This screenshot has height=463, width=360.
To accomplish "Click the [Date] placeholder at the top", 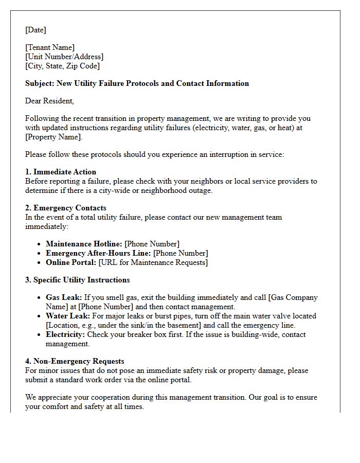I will (35, 30).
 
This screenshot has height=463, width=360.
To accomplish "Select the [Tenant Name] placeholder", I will (50, 47).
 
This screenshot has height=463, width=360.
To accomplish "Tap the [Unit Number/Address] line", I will (64, 57).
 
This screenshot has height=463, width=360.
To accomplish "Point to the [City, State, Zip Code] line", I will (62, 66).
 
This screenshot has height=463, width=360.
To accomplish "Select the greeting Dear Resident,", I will (49, 101).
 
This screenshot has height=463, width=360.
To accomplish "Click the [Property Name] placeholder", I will (53, 137).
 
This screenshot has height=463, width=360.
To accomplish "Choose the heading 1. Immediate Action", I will (61, 172).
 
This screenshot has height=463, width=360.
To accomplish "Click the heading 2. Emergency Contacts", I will (66, 208).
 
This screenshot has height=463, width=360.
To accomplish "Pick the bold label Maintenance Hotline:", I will (84, 244).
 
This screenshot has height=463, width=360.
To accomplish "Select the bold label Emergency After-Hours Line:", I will (98, 253).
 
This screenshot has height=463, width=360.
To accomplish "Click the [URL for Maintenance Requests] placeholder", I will (153, 262).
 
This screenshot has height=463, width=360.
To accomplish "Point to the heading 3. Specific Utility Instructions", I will (78, 280).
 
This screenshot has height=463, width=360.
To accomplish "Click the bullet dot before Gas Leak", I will (41, 298).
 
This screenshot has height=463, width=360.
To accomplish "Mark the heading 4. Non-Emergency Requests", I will (75, 361).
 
